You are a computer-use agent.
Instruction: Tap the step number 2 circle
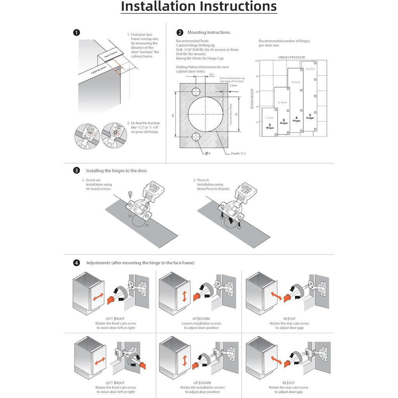tap(180, 33)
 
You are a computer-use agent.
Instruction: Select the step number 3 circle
tap(77, 170)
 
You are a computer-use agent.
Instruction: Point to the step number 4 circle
tap(77, 263)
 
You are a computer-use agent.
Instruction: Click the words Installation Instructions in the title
tap(199, 7)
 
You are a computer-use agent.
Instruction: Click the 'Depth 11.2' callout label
tap(238, 154)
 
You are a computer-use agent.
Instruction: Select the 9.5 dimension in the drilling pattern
tap(211, 74)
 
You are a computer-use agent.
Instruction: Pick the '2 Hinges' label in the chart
tap(270, 126)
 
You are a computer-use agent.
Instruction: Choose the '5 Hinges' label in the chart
tap(310, 116)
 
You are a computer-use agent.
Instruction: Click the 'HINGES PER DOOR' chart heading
tap(292, 57)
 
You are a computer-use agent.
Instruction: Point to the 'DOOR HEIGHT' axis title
tap(252, 98)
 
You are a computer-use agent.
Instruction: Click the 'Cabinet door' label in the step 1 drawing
tap(99, 70)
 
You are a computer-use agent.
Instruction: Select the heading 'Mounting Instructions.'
tap(209, 33)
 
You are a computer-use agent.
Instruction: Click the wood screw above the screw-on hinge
tap(131, 193)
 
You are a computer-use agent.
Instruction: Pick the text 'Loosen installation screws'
tap(201, 323)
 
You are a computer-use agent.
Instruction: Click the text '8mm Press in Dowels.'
tap(213, 189)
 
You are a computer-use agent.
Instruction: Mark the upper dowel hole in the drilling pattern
tap(196, 92)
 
